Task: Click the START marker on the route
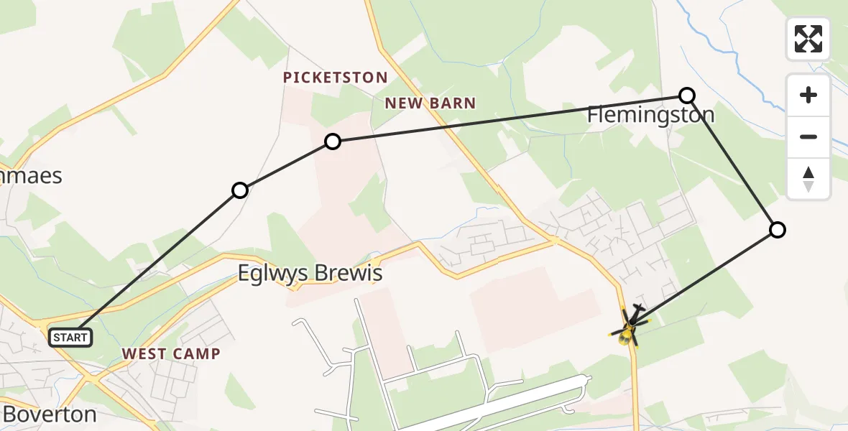[70, 337]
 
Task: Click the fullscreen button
[808, 39]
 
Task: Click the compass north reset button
[808, 179]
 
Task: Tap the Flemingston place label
[650, 115]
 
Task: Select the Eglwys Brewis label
[310, 274]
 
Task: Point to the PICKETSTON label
[335, 78]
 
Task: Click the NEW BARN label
[430, 103]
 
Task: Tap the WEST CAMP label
[171, 353]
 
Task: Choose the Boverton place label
[50, 414]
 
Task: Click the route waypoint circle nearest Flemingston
[687, 95]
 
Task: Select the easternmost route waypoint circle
[777, 230]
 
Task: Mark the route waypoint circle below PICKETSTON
[332, 142]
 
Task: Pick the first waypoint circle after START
[240, 190]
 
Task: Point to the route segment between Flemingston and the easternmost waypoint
[732, 162]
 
